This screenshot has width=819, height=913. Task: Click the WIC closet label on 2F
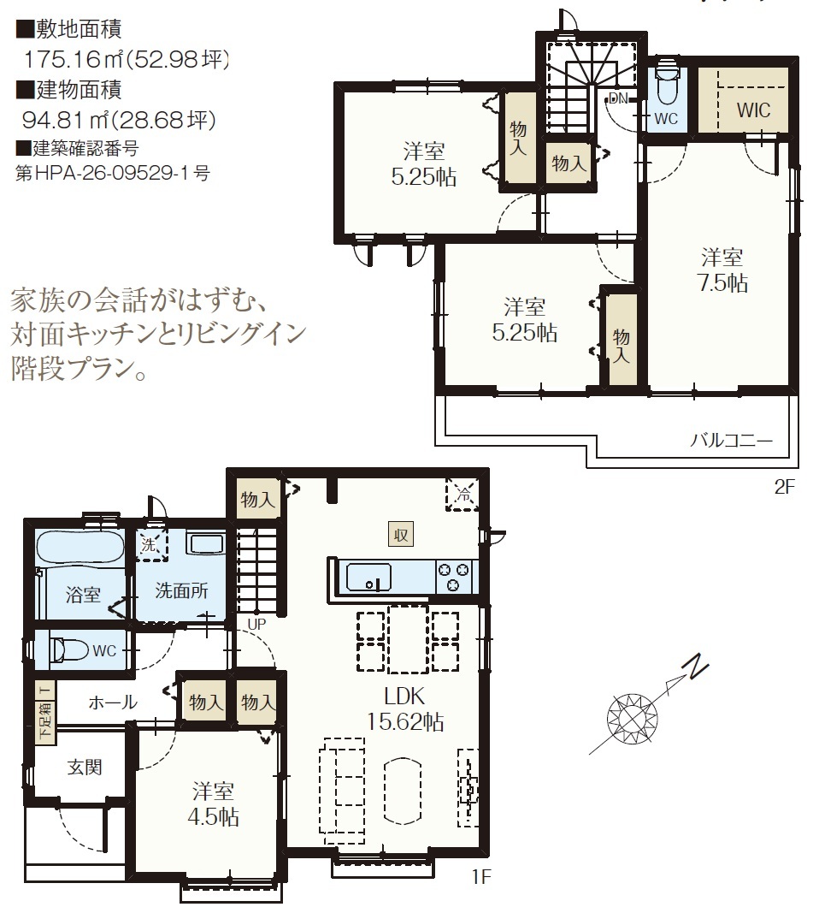[x=753, y=110]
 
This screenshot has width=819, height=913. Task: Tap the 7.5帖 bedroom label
[x=722, y=270]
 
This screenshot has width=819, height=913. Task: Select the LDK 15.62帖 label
[x=405, y=708]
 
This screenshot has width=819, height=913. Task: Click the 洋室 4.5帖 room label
[x=213, y=804]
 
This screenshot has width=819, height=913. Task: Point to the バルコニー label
[x=731, y=440]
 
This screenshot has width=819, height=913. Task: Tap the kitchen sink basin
[x=368, y=577]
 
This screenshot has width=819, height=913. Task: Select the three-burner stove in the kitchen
[x=453, y=577]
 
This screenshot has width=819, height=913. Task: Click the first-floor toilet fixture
[x=69, y=649]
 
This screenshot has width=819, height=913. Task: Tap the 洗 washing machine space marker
[x=151, y=545]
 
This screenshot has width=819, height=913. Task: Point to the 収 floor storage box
[x=401, y=534]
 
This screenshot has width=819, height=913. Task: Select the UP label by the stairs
[x=256, y=624]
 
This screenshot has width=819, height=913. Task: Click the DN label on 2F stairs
[x=618, y=98]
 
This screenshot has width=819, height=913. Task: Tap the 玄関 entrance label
[x=85, y=767]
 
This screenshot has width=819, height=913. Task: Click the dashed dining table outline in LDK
[x=408, y=638]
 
